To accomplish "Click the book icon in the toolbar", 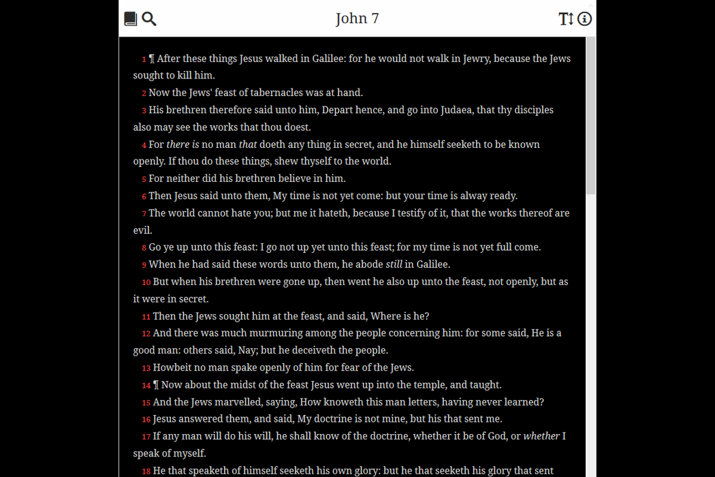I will click(x=131, y=19).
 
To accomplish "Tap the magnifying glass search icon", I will click(x=149, y=19).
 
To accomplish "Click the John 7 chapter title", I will click(x=357, y=18).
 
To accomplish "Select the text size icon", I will click(x=566, y=19).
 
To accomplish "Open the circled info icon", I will click(x=584, y=19).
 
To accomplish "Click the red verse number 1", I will click(x=144, y=59).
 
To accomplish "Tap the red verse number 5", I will click(x=144, y=179).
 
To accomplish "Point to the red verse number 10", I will click(x=146, y=282).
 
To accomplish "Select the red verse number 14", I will click(x=146, y=385).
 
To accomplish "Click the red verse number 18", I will click(x=146, y=471).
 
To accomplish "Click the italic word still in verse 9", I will click(x=394, y=264).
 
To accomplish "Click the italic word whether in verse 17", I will click(x=541, y=436).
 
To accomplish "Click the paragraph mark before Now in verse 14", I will click(x=156, y=385).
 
